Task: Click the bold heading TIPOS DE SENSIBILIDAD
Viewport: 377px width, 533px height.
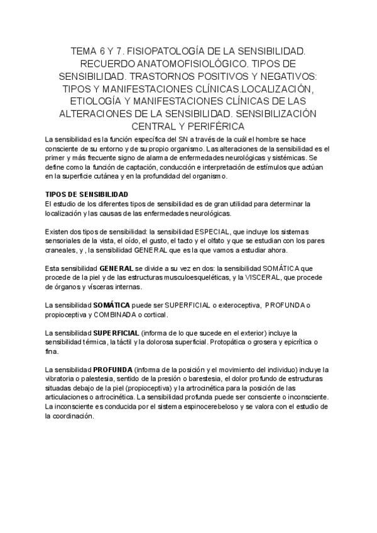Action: [87, 194]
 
